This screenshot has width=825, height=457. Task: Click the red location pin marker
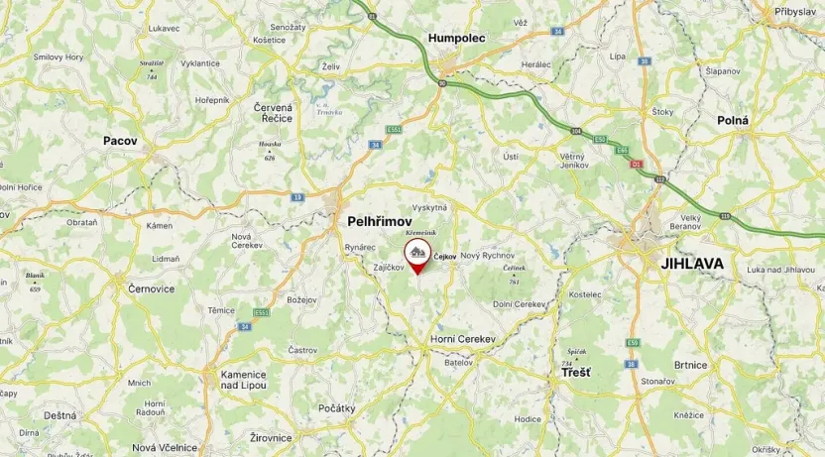pos(417,254)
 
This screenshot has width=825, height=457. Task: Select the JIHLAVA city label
pos(692,264)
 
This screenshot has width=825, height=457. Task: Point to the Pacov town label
pos(120,141)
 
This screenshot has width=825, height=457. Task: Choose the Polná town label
pos(733,120)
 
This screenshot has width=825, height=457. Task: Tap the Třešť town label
pos(576,373)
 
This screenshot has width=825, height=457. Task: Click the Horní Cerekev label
pos(462,339)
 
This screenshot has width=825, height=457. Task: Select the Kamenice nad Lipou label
pos(244,380)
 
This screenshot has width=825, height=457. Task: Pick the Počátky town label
pos(337,408)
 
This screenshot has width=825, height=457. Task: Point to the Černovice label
pos(152,287)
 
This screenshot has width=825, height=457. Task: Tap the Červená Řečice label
pos(274,112)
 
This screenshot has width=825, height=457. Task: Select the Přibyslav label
pos(796,11)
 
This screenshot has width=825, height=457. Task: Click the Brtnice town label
pos(690,365)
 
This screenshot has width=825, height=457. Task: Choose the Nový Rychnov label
pos(484,256)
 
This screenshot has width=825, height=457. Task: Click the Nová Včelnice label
pos(165,447)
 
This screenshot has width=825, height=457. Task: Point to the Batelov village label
pos(458,362)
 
